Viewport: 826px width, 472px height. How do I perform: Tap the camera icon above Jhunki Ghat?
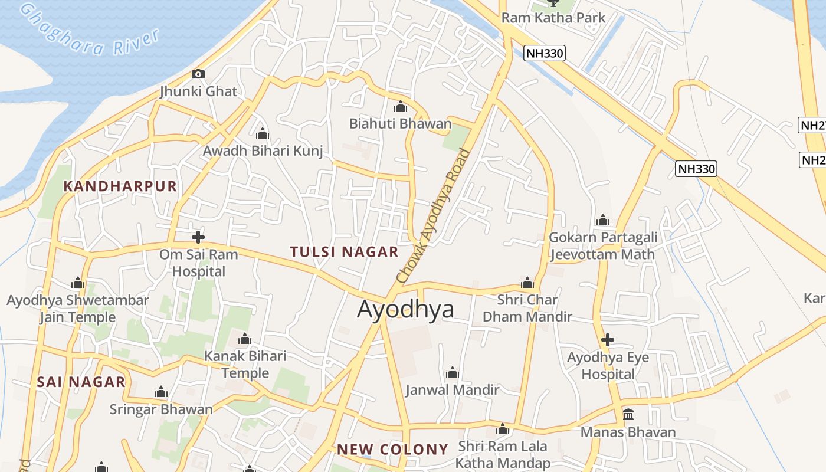[x=198, y=74]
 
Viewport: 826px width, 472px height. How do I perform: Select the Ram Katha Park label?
[x=553, y=18]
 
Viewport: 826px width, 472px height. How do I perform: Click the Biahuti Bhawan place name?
[x=400, y=124]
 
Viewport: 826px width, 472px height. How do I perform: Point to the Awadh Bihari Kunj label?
[x=263, y=151]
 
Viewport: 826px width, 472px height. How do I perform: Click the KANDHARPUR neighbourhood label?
[x=120, y=186]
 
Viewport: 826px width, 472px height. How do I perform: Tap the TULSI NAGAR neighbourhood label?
[x=345, y=252]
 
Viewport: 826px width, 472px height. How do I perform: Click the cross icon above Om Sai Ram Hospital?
[x=198, y=237]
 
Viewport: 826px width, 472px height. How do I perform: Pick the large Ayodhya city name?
[x=406, y=309]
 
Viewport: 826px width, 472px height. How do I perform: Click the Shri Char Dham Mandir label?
[x=527, y=308]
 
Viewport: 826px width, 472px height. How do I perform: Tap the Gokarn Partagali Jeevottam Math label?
[x=602, y=245]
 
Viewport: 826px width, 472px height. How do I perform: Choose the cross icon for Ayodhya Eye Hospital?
[x=608, y=340]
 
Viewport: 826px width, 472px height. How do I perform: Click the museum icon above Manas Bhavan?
[x=628, y=414]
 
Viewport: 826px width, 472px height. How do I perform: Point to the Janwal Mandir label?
[x=453, y=390]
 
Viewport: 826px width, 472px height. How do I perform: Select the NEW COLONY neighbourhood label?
[x=392, y=450]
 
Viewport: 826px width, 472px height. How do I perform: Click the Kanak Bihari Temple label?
[x=245, y=365]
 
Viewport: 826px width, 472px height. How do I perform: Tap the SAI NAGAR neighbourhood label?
[x=81, y=382]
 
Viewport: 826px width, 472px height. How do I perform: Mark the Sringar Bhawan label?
[x=161, y=409]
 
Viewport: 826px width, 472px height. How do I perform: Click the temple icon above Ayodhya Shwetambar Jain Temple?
[x=78, y=283]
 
